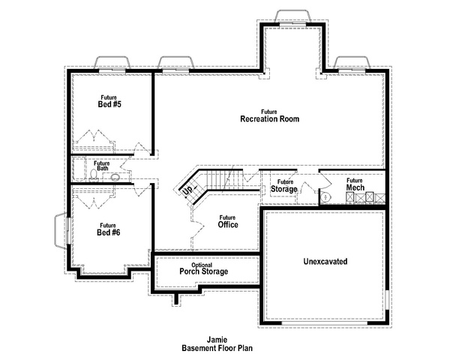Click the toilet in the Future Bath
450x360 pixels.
click(x=94, y=175)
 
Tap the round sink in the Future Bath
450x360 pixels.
click(x=115, y=178)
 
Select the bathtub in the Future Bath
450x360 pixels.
click(x=79, y=169)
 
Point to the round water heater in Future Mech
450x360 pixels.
click(x=325, y=196)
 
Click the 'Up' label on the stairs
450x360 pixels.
click(x=188, y=190)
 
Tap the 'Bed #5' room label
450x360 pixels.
click(x=109, y=104)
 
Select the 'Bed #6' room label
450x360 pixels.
click(x=109, y=232)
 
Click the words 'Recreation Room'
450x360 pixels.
click(x=269, y=118)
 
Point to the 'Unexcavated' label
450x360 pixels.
click(x=325, y=262)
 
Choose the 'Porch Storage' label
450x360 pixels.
click(x=204, y=271)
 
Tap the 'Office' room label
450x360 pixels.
click(x=228, y=224)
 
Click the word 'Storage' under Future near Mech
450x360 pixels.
click(x=283, y=189)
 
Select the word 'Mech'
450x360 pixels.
click(x=355, y=187)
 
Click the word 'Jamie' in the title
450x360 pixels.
click(x=217, y=340)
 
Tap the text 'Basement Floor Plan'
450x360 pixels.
click(x=217, y=348)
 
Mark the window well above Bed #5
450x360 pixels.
click(x=112, y=62)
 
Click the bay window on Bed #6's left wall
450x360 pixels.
click(x=61, y=230)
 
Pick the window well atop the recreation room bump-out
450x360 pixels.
click(x=292, y=16)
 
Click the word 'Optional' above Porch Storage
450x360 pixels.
click(x=202, y=265)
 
